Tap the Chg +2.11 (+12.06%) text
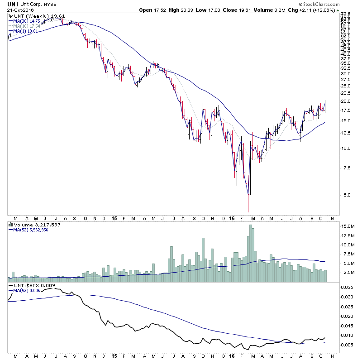point(324,10)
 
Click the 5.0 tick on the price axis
point(345,195)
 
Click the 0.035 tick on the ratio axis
point(347,287)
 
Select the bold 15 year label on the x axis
point(114,218)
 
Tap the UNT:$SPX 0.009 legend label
point(29,285)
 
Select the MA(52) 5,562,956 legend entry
point(32,230)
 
